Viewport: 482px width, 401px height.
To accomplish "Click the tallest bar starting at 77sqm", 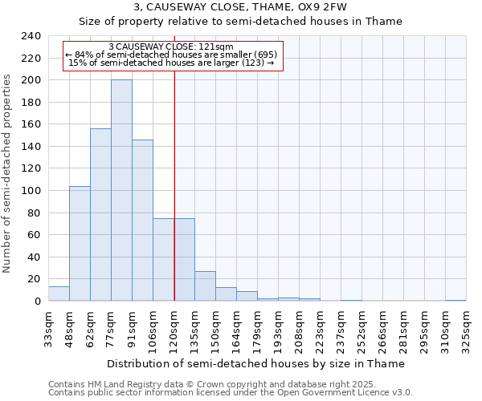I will [121, 190].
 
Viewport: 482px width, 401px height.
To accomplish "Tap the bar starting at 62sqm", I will [100, 214].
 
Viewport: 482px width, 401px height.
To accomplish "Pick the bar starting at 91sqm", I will [142, 220].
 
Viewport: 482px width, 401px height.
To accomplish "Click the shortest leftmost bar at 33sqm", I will [59, 294].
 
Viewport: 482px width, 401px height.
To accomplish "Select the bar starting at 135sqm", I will [205, 286].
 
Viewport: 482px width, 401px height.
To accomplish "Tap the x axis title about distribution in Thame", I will [255, 363].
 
